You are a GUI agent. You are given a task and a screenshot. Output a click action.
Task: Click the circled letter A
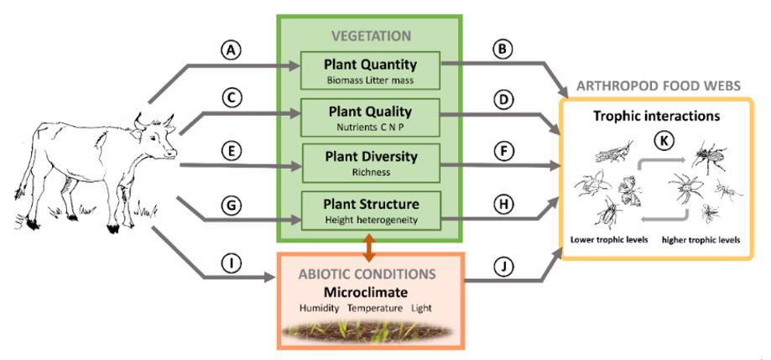pos(232,50)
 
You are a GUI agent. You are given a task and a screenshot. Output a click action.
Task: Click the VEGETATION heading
pos(370,36)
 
